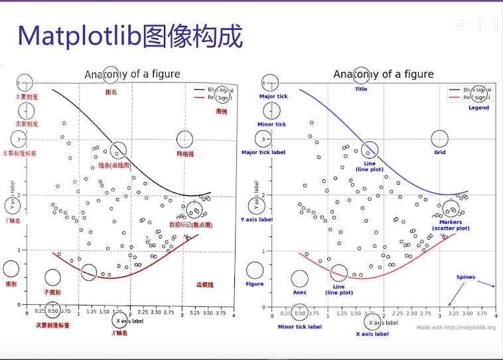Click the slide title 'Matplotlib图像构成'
(130, 37)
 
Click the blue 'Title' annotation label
(360, 89)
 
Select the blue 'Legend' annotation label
(478, 108)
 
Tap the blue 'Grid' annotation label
(440, 153)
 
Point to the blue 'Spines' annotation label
(465, 277)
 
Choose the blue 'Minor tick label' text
(299, 327)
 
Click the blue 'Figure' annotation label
(255, 284)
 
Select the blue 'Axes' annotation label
(299, 292)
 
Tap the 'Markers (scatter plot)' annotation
(451, 225)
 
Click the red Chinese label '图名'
(111, 92)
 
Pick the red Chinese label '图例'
(222, 112)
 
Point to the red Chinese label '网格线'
(185, 154)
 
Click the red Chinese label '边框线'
(204, 284)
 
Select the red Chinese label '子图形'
(52, 292)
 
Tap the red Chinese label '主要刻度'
(27, 97)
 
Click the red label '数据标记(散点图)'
(190, 225)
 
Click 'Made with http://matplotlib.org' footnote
(456, 327)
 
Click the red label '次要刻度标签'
(52, 325)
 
